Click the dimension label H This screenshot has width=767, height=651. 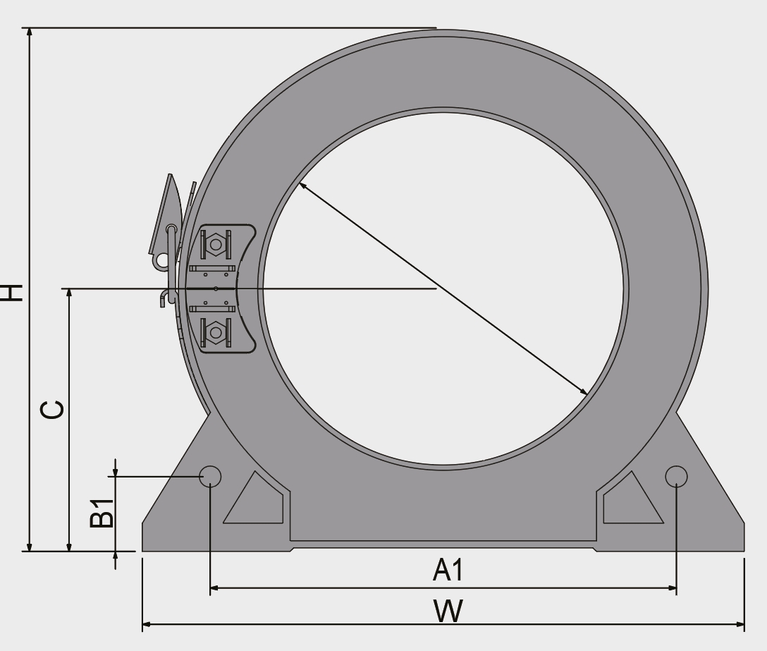click(11, 292)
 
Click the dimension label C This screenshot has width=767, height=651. click(52, 410)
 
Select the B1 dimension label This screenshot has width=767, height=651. click(102, 513)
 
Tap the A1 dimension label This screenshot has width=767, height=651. click(448, 570)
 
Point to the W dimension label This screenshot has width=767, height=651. click(448, 611)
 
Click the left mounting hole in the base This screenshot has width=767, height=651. click(210, 476)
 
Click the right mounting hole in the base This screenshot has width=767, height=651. click(677, 476)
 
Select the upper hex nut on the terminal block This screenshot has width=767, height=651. click(216, 244)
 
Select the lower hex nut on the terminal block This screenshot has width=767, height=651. click(216, 332)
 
